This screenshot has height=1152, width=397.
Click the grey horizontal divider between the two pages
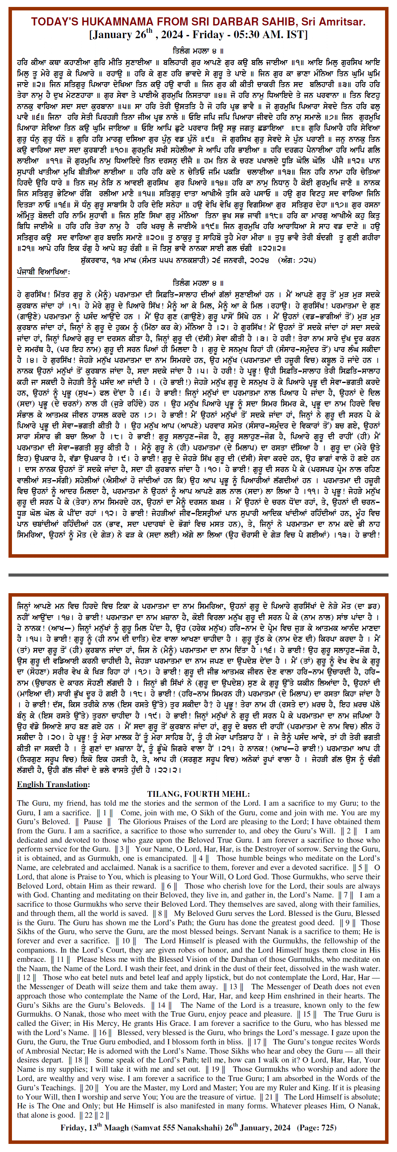pyautogui.click(x=198, y=575)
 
